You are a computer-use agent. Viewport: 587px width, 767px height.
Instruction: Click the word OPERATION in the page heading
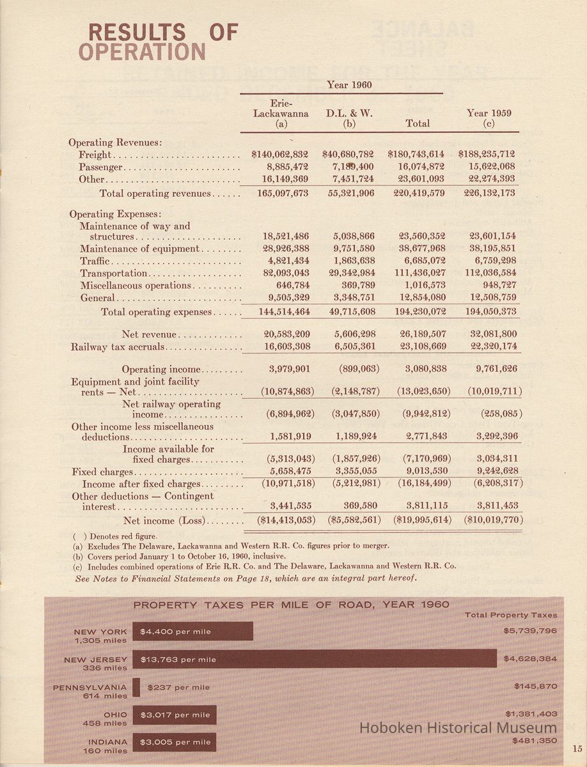coord(142,52)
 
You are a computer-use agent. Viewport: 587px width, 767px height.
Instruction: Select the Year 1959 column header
coord(489,118)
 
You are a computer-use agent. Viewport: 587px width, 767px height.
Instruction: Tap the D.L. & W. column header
coord(349,118)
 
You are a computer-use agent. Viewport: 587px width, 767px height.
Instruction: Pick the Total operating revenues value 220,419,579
coord(416,193)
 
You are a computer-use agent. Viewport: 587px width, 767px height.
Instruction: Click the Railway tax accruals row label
coord(118,347)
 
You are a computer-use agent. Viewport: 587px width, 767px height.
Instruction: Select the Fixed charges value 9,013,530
coord(416,471)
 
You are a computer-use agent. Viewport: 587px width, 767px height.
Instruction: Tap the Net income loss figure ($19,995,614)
coord(416,520)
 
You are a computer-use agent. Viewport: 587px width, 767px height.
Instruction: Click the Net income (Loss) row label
coord(164,521)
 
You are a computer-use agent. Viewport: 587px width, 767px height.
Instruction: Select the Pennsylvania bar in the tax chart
coord(136,687)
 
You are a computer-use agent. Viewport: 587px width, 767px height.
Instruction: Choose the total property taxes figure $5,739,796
coord(530,631)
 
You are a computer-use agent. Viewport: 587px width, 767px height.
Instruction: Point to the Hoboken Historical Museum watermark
coord(458,728)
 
